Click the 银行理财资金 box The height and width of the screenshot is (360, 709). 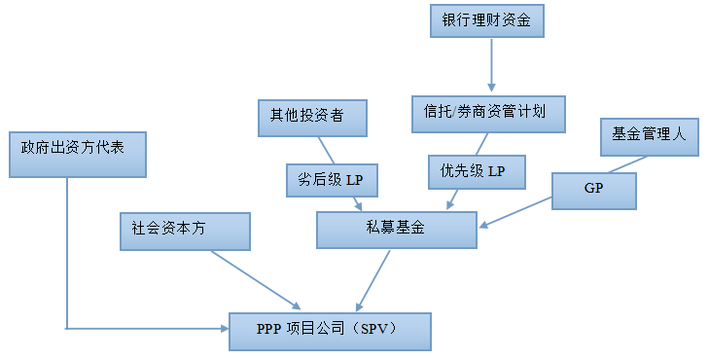487,20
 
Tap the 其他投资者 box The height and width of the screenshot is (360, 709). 312,116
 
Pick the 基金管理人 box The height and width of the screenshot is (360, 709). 649,135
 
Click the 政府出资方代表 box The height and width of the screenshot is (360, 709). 76,155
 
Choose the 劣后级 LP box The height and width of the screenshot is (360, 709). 332,179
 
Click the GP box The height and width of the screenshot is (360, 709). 593,190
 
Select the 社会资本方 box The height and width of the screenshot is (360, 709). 184,231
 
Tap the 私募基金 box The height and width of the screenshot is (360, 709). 397,230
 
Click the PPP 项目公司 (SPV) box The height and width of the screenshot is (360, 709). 330,331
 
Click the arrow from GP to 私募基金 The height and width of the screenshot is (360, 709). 515,216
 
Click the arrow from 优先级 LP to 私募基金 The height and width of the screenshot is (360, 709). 454,199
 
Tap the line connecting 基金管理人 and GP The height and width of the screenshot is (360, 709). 622,163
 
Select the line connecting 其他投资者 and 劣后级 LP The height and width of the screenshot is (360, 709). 326,149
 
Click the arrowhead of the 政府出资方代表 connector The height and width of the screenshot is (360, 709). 223,329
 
